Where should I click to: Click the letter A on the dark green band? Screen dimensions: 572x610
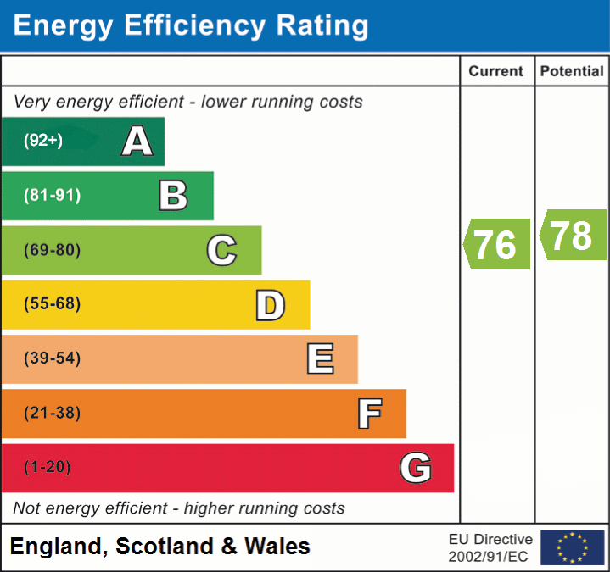coord(137,142)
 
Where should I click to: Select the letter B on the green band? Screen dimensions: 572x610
coord(173,196)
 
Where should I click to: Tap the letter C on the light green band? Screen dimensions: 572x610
coord(221,250)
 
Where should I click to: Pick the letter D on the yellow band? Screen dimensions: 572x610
coord(270,304)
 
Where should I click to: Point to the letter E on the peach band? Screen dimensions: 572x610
coord(319,358)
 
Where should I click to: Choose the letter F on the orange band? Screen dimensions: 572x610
coord(368,414)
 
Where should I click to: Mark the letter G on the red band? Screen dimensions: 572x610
coord(416,468)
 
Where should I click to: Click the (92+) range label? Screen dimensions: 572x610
coord(43,142)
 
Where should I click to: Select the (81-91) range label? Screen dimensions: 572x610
coord(52,196)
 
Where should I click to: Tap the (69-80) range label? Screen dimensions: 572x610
coord(52,250)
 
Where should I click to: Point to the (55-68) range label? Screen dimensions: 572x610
coord(52,304)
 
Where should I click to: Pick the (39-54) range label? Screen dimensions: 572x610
coord(52,358)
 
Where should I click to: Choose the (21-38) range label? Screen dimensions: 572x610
coord(52,414)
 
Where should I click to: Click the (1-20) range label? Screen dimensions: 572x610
coord(48,468)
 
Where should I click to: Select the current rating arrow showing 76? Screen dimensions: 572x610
coord(497,244)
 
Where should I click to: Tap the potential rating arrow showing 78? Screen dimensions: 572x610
coord(573,235)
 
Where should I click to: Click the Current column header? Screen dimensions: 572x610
coord(497,72)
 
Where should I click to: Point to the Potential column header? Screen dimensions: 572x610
coord(572,72)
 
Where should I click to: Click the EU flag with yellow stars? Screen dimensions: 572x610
coord(572,547)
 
